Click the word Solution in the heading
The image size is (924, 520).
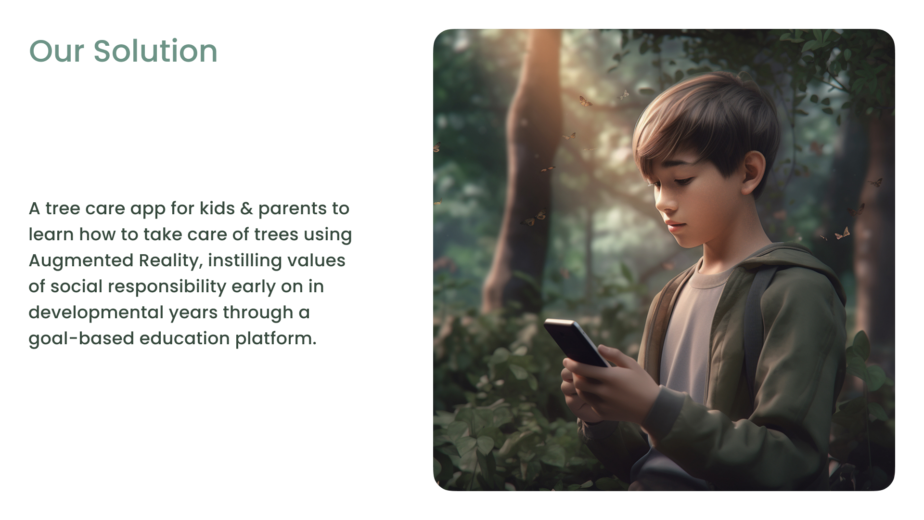[x=155, y=51]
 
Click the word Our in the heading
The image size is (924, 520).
[x=57, y=51]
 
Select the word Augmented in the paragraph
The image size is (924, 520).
[x=80, y=261]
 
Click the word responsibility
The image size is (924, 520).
[x=167, y=287]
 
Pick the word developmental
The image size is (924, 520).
[x=96, y=313]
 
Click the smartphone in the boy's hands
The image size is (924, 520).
[x=576, y=342]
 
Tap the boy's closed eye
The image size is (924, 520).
[x=683, y=182]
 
